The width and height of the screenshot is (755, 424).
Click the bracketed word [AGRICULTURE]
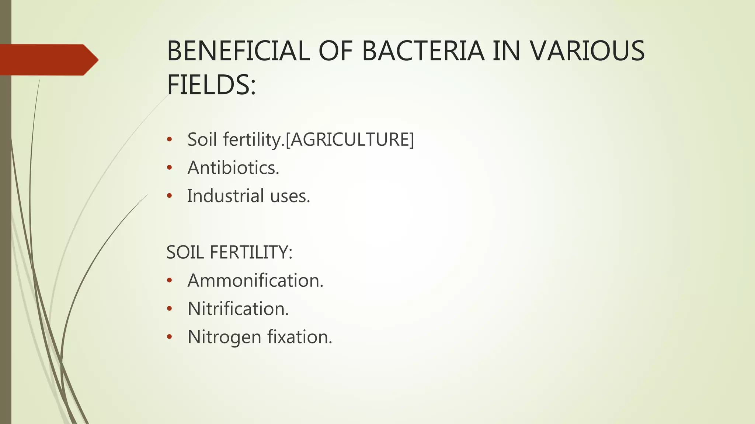[x=350, y=139]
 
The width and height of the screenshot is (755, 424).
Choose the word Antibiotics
[x=233, y=168]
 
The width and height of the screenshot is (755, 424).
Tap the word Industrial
[x=226, y=196]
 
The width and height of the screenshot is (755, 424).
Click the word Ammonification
[x=255, y=280]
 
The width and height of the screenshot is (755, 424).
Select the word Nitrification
[x=238, y=309]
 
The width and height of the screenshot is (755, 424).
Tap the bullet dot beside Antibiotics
[x=169, y=168]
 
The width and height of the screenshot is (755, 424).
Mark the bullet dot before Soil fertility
[x=169, y=139]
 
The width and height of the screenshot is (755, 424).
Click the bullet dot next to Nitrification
[x=169, y=309]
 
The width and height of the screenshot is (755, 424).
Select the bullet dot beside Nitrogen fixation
[x=169, y=337]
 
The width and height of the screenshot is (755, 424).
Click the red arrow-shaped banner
[x=48, y=60]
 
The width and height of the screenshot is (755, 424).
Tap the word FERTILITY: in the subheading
[x=251, y=252]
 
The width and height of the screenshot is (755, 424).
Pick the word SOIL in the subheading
[x=185, y=252]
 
